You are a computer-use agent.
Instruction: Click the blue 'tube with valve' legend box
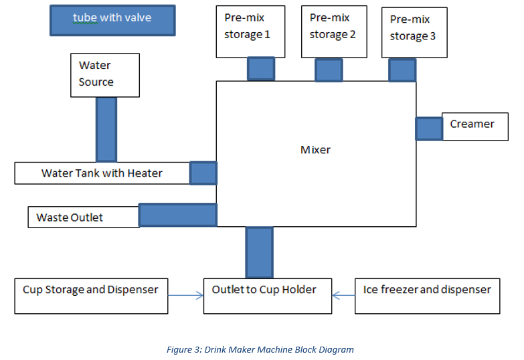tap(112, 20)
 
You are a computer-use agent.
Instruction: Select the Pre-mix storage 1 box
tap(251, 31)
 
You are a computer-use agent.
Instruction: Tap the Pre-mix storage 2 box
tap(334, 31)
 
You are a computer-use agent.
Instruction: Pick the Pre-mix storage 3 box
tap(414, 32)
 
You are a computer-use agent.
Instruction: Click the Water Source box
tap(105, 75)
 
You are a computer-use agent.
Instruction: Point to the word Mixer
tap(315, 150)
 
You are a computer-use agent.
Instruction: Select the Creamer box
tap(475, 126)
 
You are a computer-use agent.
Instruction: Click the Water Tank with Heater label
tap(102, 173)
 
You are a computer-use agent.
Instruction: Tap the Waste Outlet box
tap(84, 217)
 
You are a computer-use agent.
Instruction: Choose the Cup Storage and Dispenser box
tap(91, 296)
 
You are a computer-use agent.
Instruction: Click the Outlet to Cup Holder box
tap(268, 296)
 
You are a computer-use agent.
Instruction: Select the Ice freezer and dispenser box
tap(428, 296)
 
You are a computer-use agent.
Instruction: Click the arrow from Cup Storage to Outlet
tap(186, 296)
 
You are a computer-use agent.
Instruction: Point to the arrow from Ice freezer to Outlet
tap(343, 296)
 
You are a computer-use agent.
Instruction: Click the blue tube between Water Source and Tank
tap(106, 130)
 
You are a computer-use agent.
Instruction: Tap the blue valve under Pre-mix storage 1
tap(261, 68)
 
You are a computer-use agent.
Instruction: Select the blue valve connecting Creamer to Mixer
tap(429, 128)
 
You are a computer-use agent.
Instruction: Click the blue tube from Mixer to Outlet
tap(260, 252)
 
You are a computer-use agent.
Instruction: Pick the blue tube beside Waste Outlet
tap(178, 215)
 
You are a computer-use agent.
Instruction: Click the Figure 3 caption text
tap(260, 350)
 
